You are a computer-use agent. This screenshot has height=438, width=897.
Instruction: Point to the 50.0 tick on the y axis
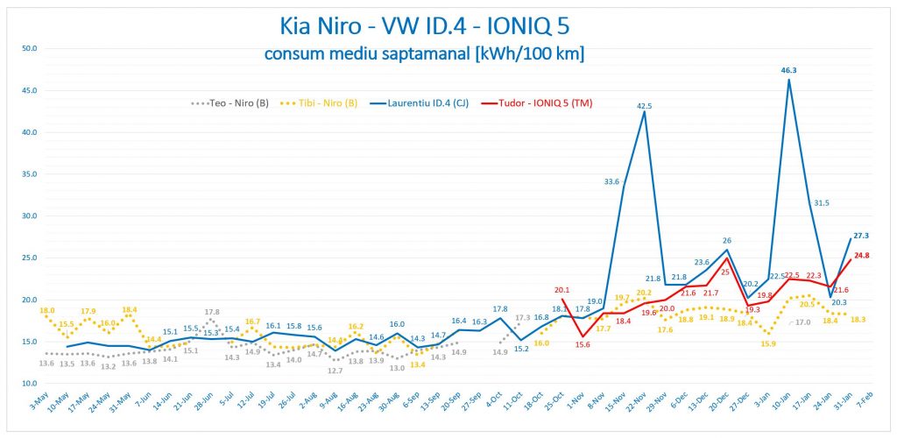28,49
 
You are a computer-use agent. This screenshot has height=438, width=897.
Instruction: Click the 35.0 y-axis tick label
28,174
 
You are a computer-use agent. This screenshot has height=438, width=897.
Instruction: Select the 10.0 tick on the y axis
28,384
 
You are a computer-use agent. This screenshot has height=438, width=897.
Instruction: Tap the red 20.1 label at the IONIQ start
562,290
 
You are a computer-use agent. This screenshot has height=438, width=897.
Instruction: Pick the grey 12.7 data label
334,371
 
